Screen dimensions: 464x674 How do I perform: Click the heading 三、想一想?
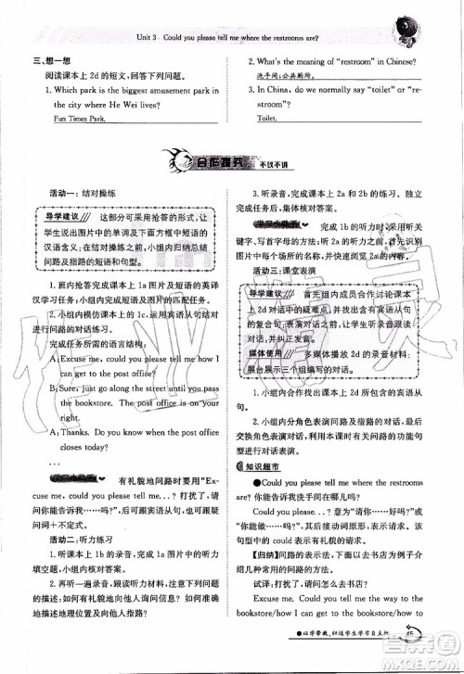pos(43,62)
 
